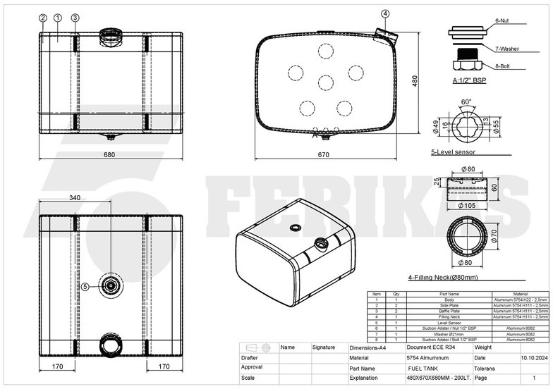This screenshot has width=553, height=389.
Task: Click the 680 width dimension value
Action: pyautogui.click(x=110, y=154)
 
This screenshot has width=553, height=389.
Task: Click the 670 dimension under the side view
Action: pyautogui.click(x=324, y=154)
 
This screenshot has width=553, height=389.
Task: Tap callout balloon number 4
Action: pyautogui.click(x=385, y=13)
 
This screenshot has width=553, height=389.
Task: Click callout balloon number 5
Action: pyautogui.click(x=85, y=286)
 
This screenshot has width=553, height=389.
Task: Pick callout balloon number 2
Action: pyautogui.click(x=43, y=18)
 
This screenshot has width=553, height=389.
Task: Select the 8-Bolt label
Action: pyautogui.click(x=502, y=66)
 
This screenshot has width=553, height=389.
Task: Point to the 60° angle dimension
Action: pyautogui.click(x=466, y=101)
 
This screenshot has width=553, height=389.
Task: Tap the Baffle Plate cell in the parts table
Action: pyautogui.click(x=449, y=311)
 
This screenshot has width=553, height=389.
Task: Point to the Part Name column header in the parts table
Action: pyautogui.click(x=449, y=294)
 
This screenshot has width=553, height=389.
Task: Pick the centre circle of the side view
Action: pyautogui.click(x=325, y=82)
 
